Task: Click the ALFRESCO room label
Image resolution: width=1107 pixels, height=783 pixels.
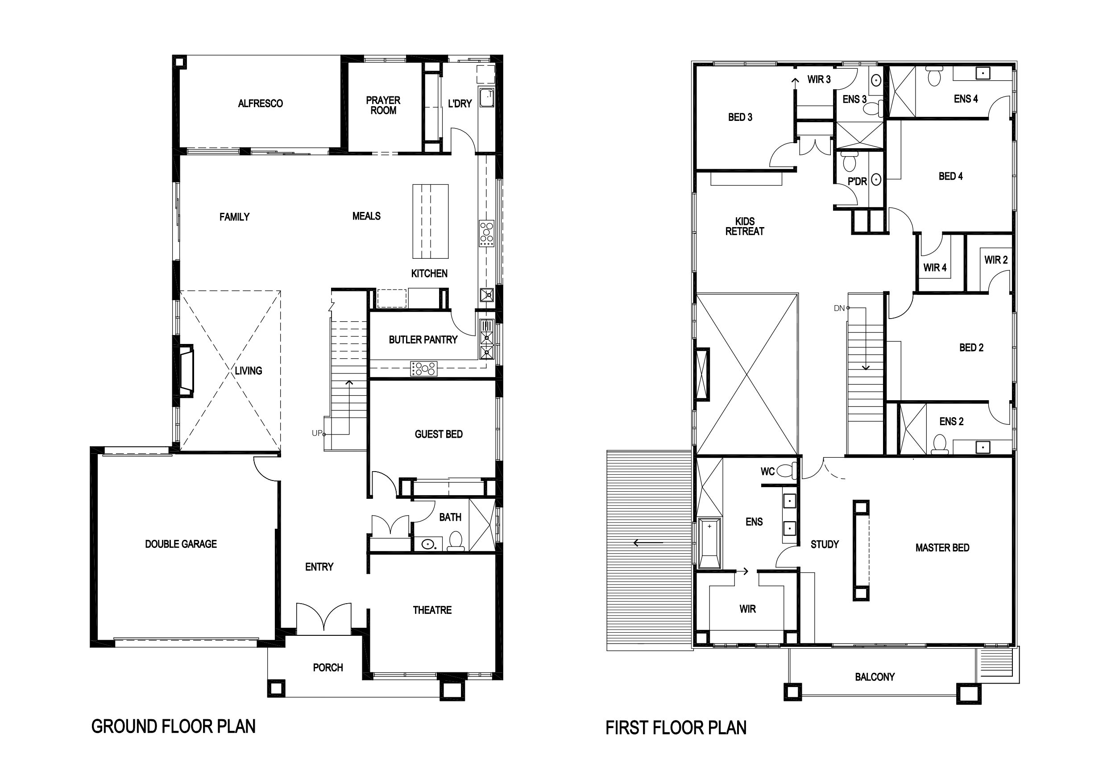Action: pos(261,103)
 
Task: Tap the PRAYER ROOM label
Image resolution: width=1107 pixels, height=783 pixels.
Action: pos(383,105)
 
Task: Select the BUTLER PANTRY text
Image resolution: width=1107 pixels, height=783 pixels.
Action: pos(423,340)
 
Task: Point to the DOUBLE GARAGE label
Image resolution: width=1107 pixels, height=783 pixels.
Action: pos(181,544)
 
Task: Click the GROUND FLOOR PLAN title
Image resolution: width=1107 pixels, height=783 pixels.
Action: pos(174,726)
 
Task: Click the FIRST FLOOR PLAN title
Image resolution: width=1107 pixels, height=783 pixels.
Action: pos(676,728)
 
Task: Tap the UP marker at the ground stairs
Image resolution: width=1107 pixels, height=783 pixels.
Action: pos(317,433)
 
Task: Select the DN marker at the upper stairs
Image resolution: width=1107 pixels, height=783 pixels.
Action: pos(839,308)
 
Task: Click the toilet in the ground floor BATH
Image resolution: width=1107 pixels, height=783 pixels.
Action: pos(456,542)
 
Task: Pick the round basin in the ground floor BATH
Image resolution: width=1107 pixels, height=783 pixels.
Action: pos(427,544)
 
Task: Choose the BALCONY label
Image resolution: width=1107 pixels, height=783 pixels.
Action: pos(875,677)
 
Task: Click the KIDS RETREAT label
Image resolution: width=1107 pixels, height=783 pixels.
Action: pos(744,226)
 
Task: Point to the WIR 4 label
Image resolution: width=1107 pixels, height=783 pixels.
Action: pos(935,268)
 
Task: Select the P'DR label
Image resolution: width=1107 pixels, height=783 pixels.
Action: pos(857,181)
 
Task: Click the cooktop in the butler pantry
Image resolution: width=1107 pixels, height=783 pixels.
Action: pos(423,369)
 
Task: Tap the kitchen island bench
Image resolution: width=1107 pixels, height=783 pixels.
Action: pos(431,221)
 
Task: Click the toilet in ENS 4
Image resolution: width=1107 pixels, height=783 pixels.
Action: pos(934,77)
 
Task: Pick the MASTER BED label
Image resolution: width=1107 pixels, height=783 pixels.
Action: pos(942,548)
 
